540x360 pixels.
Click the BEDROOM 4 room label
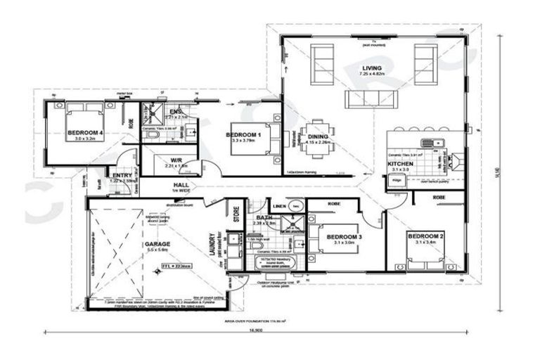coord(85,131)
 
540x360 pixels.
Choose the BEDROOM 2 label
coord(425,235)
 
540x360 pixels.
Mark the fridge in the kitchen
coord(397,180)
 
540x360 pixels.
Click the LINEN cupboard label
coord(279,206)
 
